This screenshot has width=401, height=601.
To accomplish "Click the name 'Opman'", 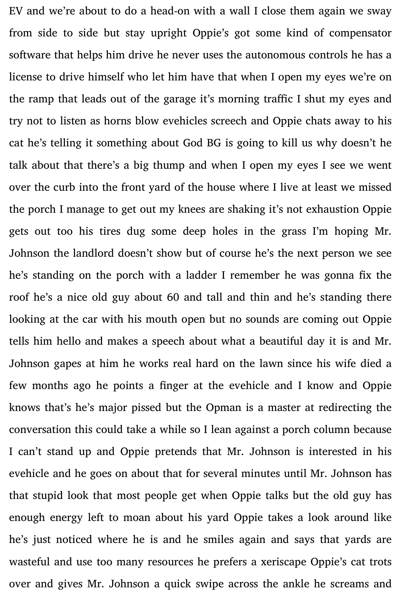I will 224,408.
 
